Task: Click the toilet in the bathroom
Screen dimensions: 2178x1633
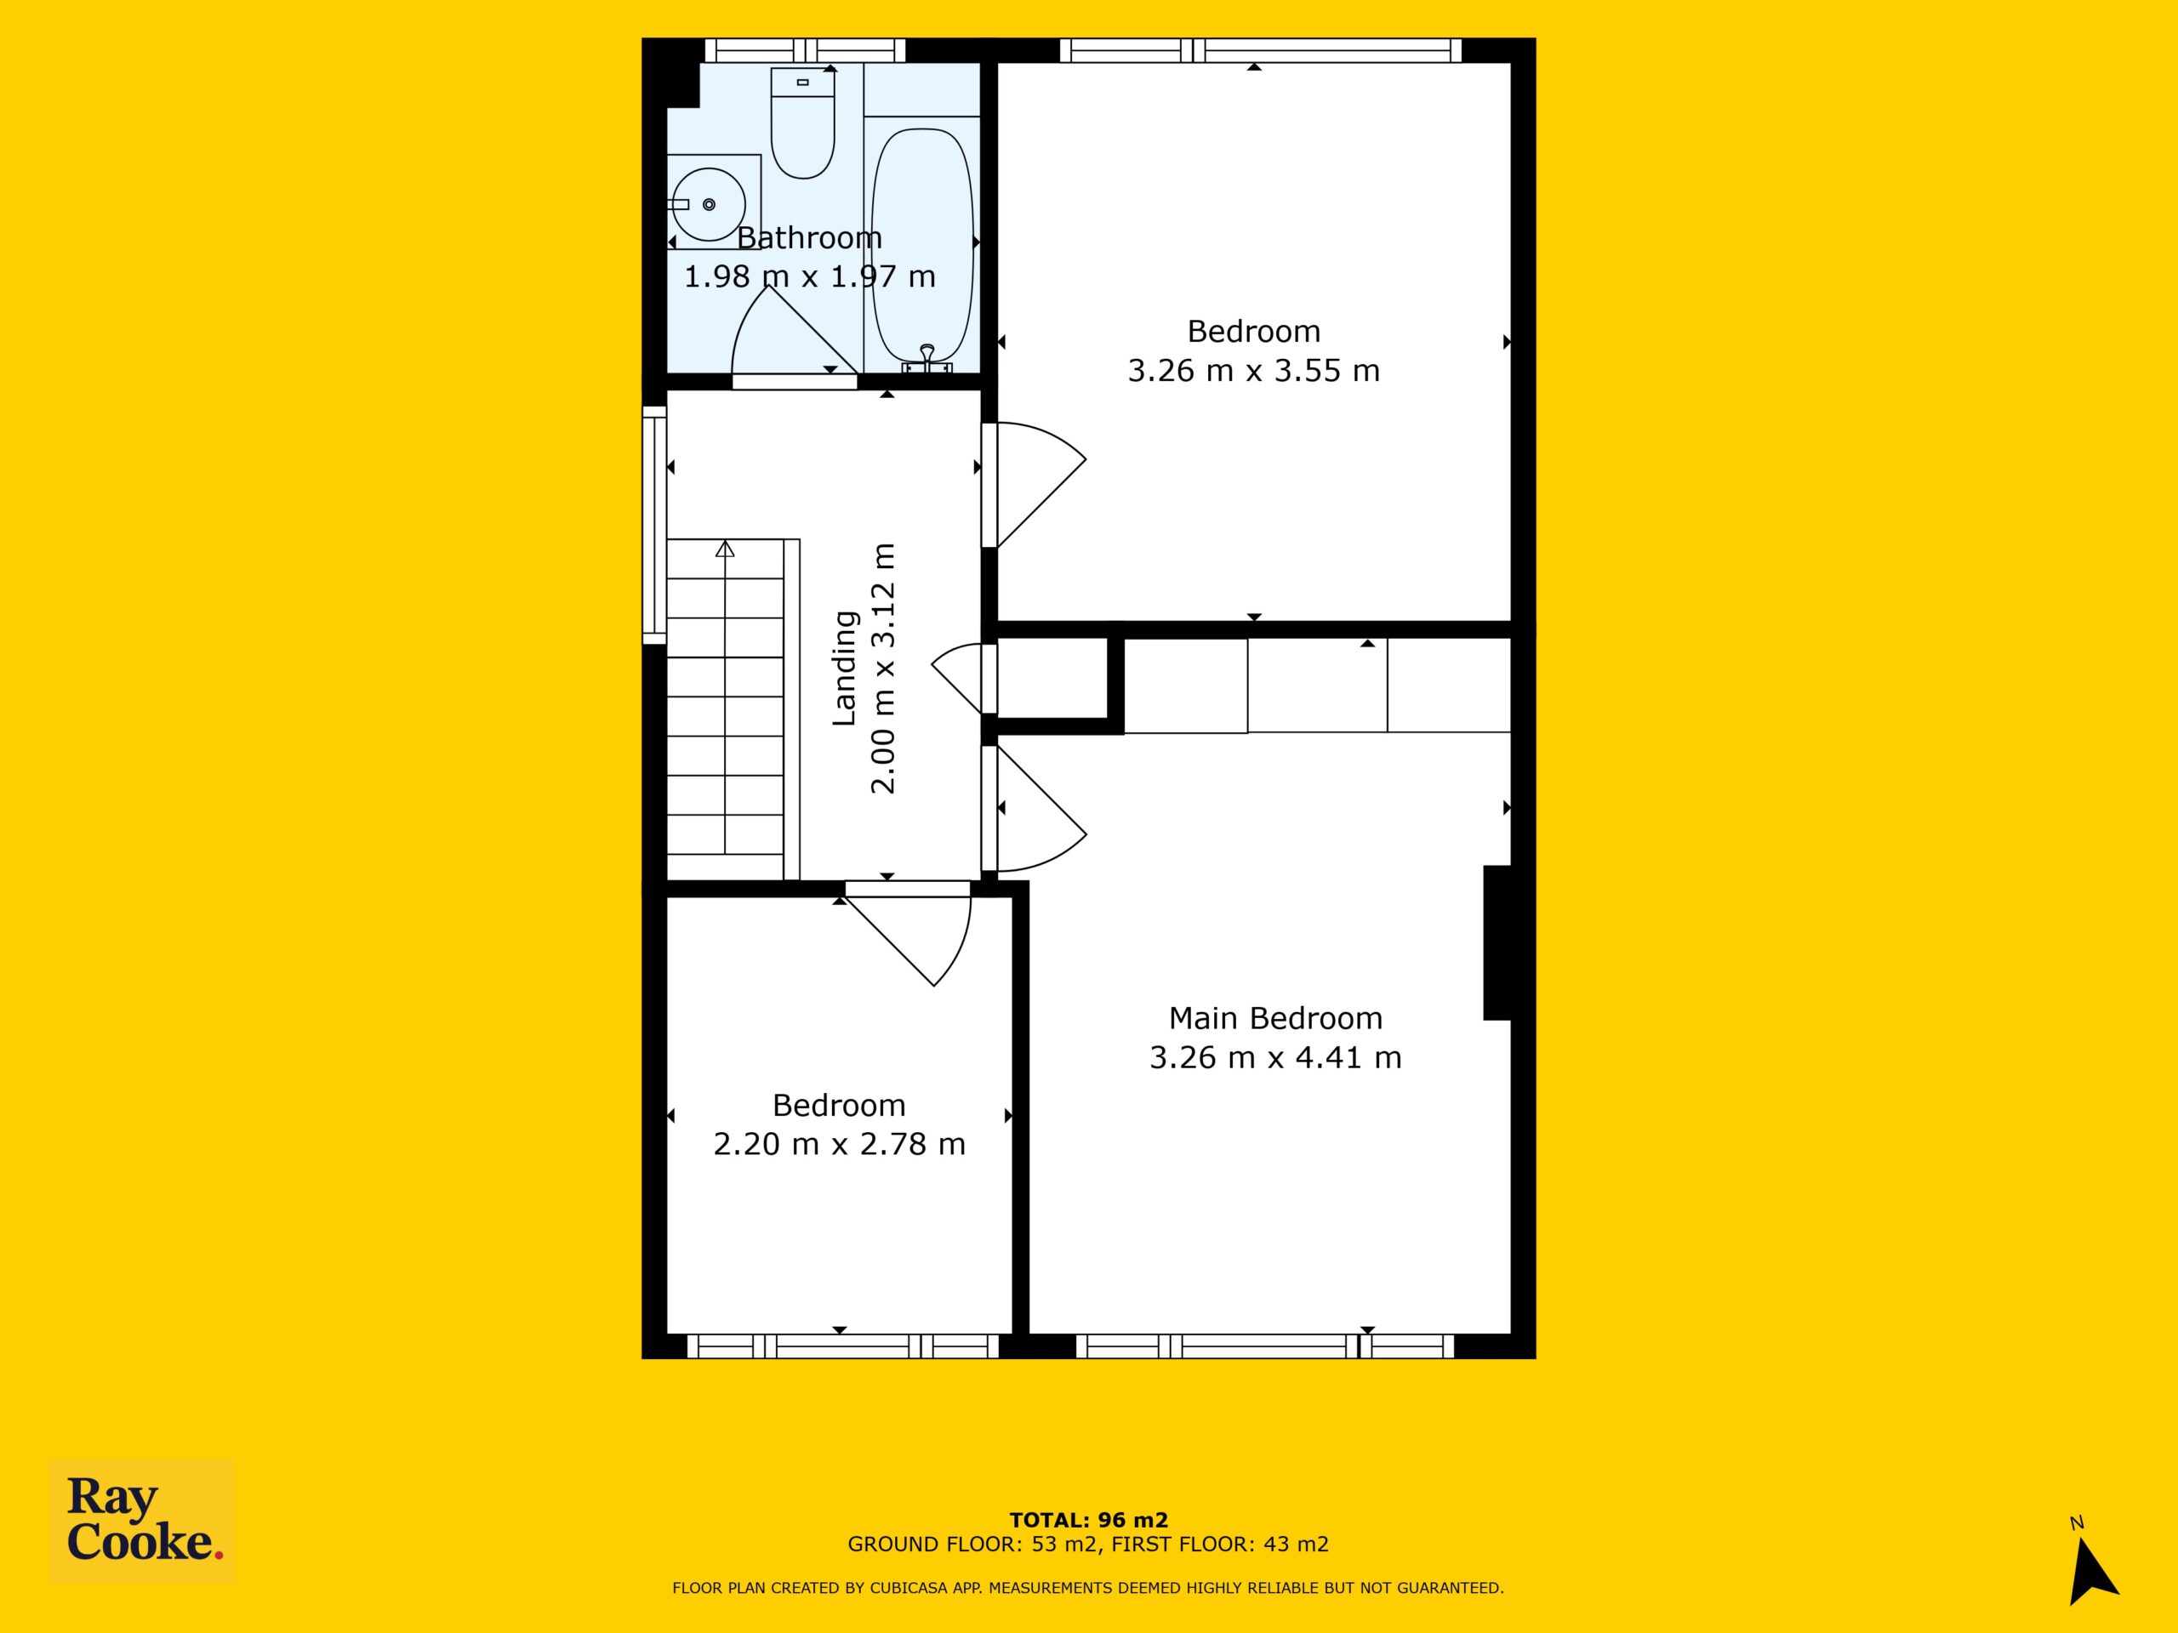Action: [x=802, y=123]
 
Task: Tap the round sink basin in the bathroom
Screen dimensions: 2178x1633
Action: [x=708, y=205]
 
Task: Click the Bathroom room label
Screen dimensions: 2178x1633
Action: [x=809, y=238]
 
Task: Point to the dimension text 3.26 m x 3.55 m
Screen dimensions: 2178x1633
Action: [x=1253, y=371]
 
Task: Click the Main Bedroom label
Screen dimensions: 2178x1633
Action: [x=1275, y=1018]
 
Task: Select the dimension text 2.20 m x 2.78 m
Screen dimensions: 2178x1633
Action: [x=839, y=1144]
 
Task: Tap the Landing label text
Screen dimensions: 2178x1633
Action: [x=845, y=669]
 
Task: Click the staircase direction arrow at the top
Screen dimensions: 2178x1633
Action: [x=726, y=549]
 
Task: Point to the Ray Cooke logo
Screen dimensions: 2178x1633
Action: [x=142, y=1520]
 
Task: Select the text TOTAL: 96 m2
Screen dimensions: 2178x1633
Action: [x=1088, y=1520]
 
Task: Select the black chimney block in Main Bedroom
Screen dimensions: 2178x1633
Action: [x=1497, y=942]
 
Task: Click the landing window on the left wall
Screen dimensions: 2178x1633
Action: [x=653, y=526]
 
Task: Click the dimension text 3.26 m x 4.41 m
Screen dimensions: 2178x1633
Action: [x=1275, y=1057]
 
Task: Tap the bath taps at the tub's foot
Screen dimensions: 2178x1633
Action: [x=927, y=361]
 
